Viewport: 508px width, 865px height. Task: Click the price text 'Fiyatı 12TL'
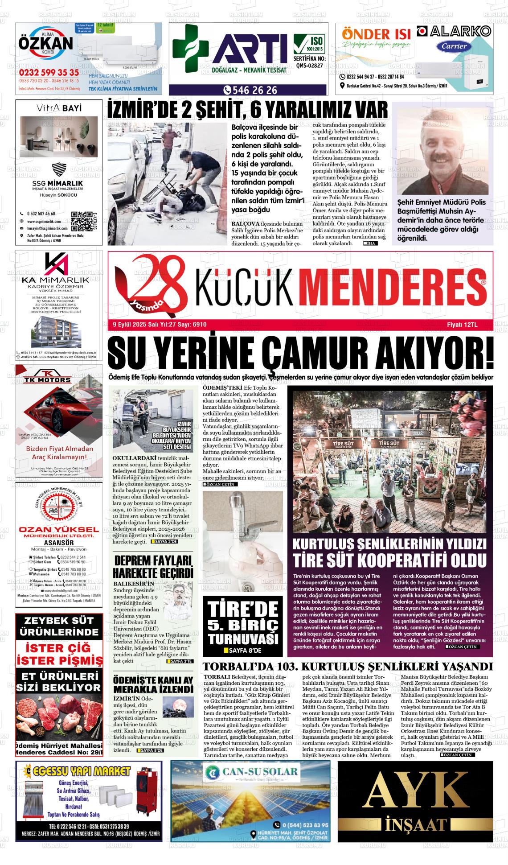click(462, 325)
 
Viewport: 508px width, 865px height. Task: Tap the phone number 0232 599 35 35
click(49, 72)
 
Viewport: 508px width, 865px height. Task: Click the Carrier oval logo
click(454, 46)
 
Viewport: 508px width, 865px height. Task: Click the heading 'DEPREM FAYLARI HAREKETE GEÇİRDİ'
click(153, 566)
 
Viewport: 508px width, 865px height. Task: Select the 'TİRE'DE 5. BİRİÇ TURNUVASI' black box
click(242, 626)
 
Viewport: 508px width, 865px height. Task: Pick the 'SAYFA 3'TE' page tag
click(180, 661)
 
